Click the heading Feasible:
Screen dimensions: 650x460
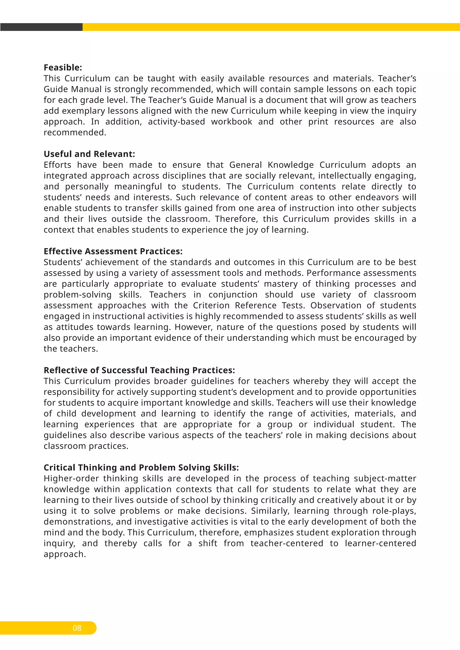[63, 67]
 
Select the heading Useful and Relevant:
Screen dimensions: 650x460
[89, 154]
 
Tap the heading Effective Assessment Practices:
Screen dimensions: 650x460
[113, 251]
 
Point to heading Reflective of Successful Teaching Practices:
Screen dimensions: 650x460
[139, 370]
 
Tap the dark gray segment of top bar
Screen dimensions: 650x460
[41, 27]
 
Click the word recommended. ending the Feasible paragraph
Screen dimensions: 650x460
[75, 132]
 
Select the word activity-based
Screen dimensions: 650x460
[176, 121]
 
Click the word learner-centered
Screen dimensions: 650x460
[380, 543]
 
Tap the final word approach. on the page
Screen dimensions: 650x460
[65, 554]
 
